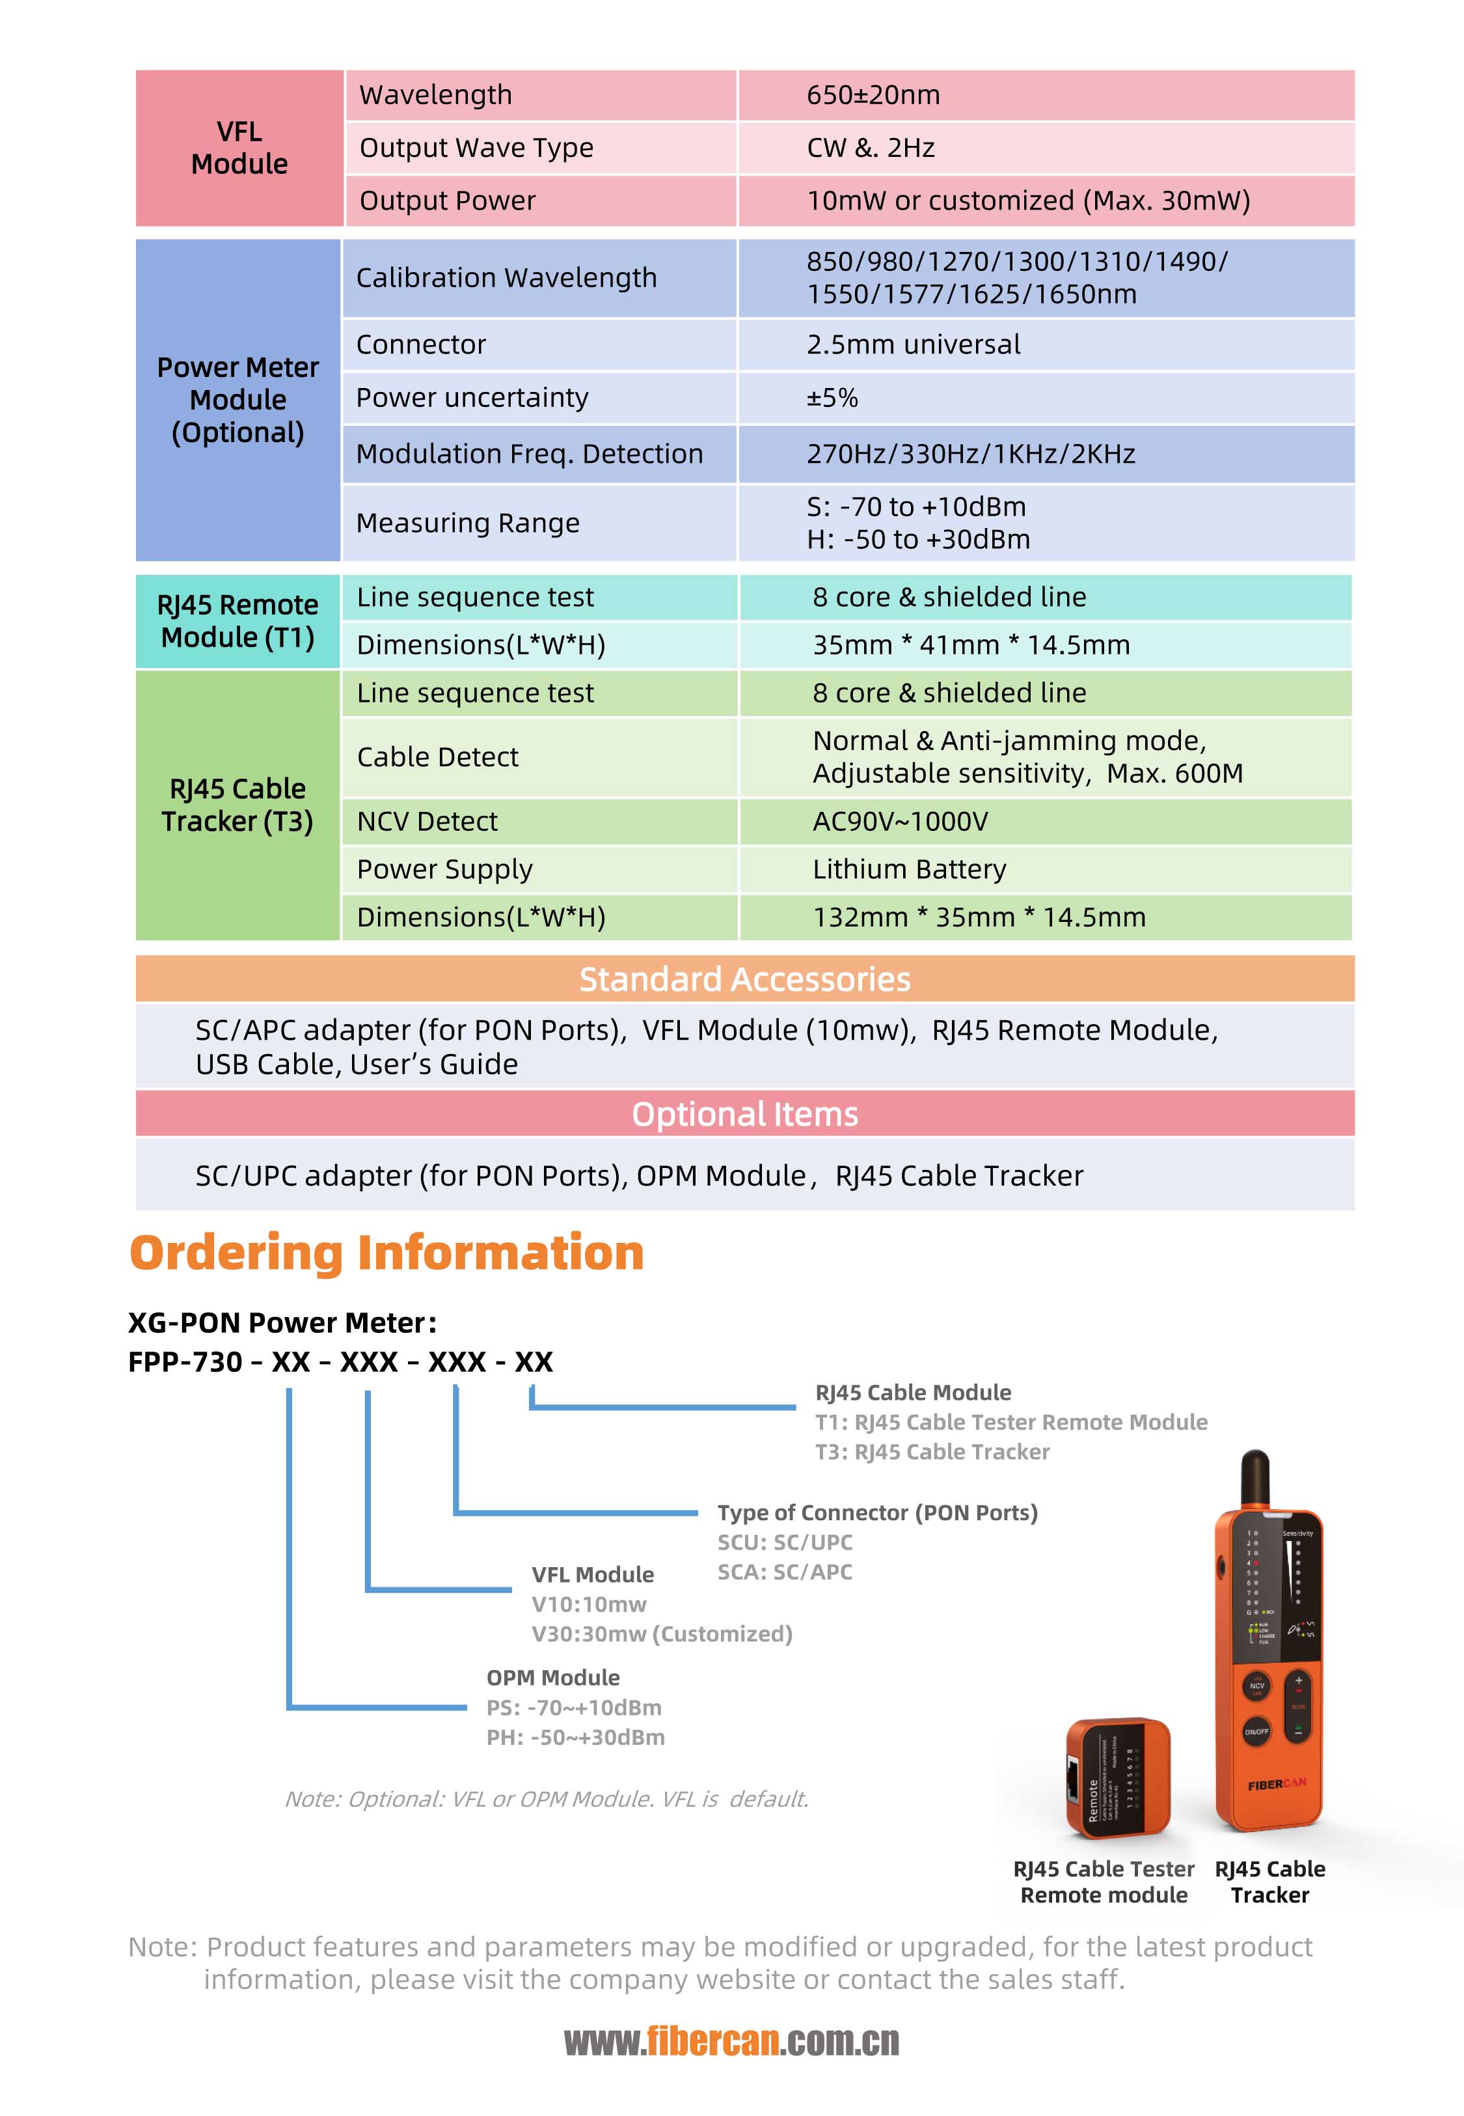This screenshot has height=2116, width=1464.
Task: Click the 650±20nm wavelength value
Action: [x=873, y=94]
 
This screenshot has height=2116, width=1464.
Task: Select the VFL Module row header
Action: [x=239, y=148]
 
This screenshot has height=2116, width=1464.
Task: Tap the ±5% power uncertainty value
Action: [x=832, y=397]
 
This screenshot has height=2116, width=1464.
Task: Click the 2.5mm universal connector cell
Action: [x=913, y=344]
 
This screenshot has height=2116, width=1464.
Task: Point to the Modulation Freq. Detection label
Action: [x=529, y=453]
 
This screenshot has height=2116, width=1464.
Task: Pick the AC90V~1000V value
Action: [x=900, y=821]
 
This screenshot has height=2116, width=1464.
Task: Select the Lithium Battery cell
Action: [x=909, y=869]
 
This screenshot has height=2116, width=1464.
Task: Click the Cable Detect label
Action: [x=437, y=757]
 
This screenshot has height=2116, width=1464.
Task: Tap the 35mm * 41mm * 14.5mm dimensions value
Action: [x=971, y=645]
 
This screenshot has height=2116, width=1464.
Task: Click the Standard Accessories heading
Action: [x=745, y=979]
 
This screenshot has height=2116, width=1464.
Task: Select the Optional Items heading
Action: [x=745, y=1114]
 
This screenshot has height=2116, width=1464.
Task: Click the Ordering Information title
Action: [x=386, y=1253]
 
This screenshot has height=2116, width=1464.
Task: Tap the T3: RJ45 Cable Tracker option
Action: [x=932, y=1452]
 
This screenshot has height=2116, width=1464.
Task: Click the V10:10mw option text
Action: [x=589, y=1604]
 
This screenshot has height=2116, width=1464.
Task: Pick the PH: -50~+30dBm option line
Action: [x=575, y=1737]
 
